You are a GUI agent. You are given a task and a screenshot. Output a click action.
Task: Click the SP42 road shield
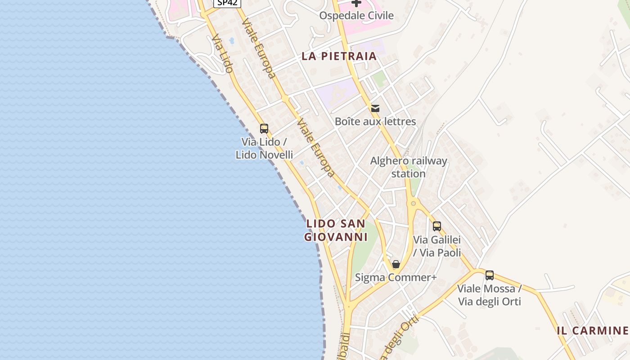pyautogui.click(x=227, y=3)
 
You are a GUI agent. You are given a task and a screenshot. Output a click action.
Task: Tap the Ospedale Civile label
pyautogui.click(x=356, y=16)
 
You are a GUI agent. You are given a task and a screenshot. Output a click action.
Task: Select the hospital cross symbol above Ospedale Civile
pyautogui.click(x=356, y=3)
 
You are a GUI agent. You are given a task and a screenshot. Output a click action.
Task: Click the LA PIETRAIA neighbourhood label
pyautogui.click(x=339, y=56)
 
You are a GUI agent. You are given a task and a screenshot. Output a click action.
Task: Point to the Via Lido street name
pyautogui.click(x=223, y=54)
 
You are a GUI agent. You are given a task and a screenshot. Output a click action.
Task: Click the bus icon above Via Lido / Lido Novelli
pyautogui.click(x=264, y=129)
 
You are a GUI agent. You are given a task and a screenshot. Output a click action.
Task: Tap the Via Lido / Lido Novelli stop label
pyautogui.click(x=264, y=148)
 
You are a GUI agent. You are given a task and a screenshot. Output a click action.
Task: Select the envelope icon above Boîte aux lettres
pyautogui.click(x=375, y=108)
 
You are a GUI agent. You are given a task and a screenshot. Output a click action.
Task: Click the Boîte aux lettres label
pyautogui.click(x=375, y=121)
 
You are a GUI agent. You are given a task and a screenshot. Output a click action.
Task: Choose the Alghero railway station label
pyautogui.click(x=409, y=167)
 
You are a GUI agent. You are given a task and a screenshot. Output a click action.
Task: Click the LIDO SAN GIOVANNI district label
pyautogui.click(x=336, y=230)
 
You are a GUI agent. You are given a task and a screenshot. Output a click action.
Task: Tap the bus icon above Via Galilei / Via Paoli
pyautogui.click(x=436, y=226)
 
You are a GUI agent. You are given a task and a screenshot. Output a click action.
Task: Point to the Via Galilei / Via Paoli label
pyautogui.click(x=437, y=246)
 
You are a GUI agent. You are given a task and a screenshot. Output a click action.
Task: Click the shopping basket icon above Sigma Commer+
pyautogui.click(x=396, y=264)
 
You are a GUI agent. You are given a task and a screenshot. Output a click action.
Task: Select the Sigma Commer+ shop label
pyautogui.click(x=396, y=278)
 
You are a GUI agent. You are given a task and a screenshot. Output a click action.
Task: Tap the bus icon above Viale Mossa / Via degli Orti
pyautogui.click(x=490, y=275)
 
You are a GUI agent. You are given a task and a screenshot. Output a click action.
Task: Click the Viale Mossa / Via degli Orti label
pyautogui.click(x=490, y=295)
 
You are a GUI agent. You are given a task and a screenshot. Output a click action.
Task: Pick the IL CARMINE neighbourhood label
pyautogui.click(x=593, y=331)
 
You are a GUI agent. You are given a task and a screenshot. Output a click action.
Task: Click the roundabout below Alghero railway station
pyautogui.click(x=413, y=203)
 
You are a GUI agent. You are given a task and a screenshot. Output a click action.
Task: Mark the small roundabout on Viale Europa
pyautogui.click(x=285, y=98)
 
